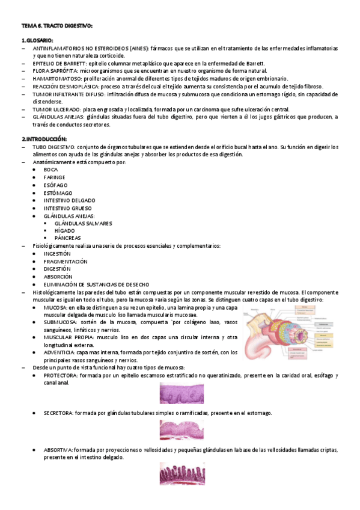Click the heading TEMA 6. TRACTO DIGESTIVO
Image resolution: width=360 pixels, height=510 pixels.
57,26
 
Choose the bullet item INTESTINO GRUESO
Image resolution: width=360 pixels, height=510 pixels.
67,208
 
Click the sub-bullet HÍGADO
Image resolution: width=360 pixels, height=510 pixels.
64,230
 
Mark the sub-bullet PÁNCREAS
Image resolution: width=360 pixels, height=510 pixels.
67,238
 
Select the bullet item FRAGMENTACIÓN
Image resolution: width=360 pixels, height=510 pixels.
66,262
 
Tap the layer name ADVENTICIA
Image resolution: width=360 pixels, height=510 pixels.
59,352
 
